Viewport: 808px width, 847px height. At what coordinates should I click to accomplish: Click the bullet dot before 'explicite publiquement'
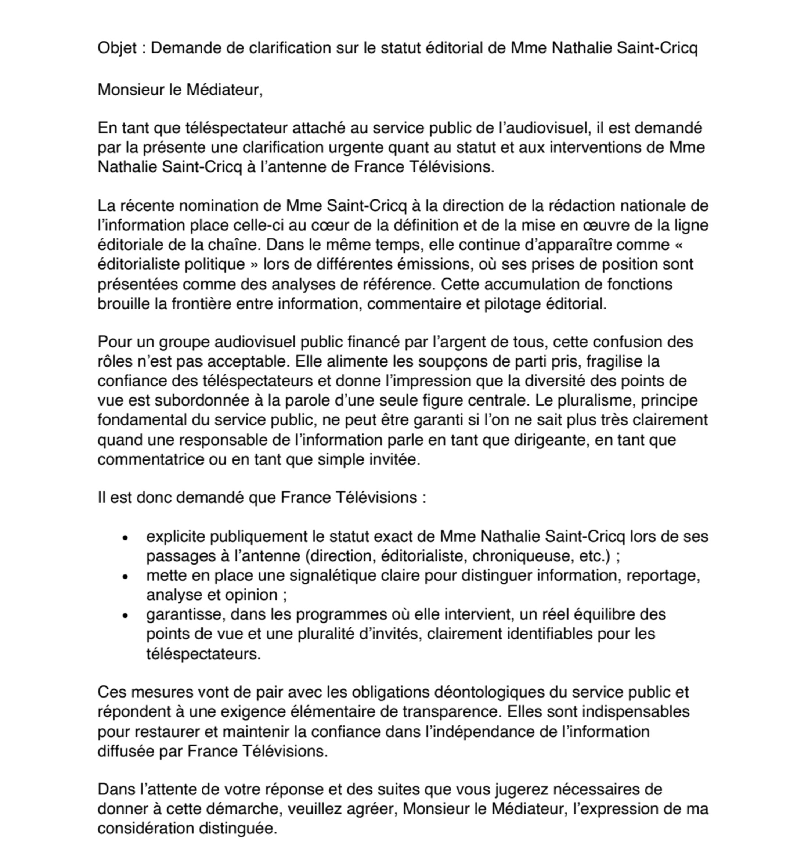(125, 538)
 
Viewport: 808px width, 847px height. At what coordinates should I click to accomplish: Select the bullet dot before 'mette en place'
(125, 576)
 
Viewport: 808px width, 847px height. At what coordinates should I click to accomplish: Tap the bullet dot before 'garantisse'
(125, 616)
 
